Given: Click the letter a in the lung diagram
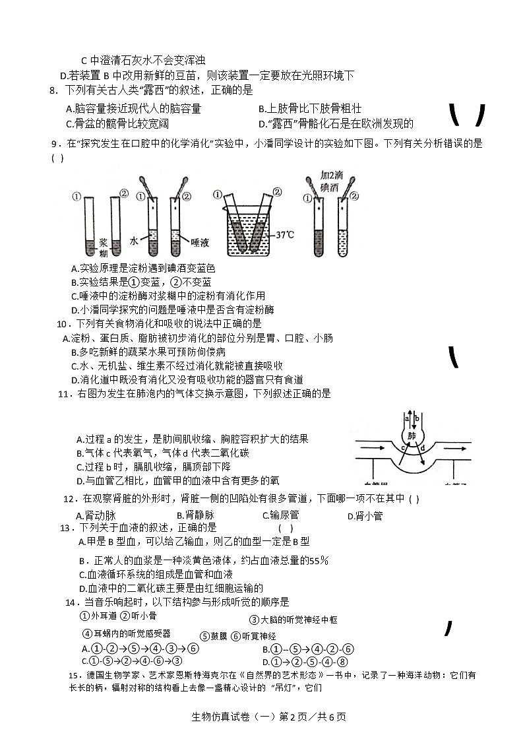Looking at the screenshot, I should [407, 418].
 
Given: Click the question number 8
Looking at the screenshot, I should [53, 91].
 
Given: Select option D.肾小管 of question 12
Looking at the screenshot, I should [365, 516].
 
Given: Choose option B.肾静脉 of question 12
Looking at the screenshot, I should [195, 515].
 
